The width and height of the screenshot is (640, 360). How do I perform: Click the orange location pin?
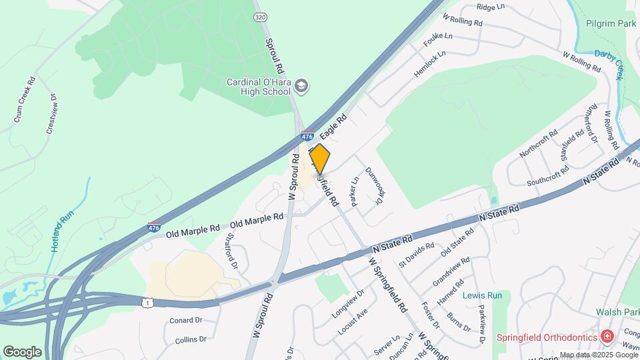tap(320, 159)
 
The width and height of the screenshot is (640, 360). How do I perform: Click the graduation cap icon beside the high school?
tap(303, 85)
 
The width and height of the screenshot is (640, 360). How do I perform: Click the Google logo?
tap(22, 351)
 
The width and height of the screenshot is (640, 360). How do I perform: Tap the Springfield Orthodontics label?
tap(547, 337)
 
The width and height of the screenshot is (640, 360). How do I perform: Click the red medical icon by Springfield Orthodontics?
tap(607, 336)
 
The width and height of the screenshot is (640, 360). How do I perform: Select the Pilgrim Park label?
tap(611, 23)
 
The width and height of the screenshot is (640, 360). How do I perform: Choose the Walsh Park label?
tap(618, 312)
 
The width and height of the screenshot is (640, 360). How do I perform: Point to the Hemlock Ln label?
tap(429, 65)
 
